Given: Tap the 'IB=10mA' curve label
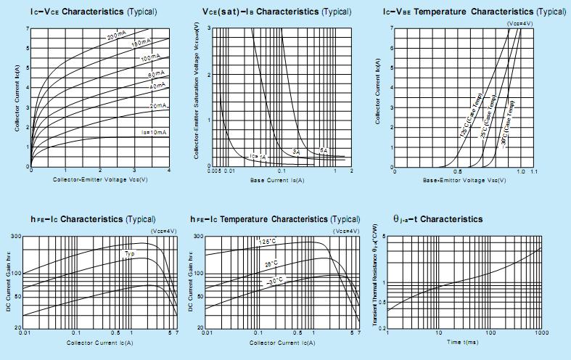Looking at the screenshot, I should coord(155,132).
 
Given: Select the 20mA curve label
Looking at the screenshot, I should coord(157,106).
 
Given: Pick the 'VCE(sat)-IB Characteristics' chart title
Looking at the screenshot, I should coord(276,12).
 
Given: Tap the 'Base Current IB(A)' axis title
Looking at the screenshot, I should coord(276,179).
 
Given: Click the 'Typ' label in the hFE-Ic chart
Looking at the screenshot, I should coord(129,253).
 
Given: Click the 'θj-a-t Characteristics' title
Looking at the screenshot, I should coord(438,218).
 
